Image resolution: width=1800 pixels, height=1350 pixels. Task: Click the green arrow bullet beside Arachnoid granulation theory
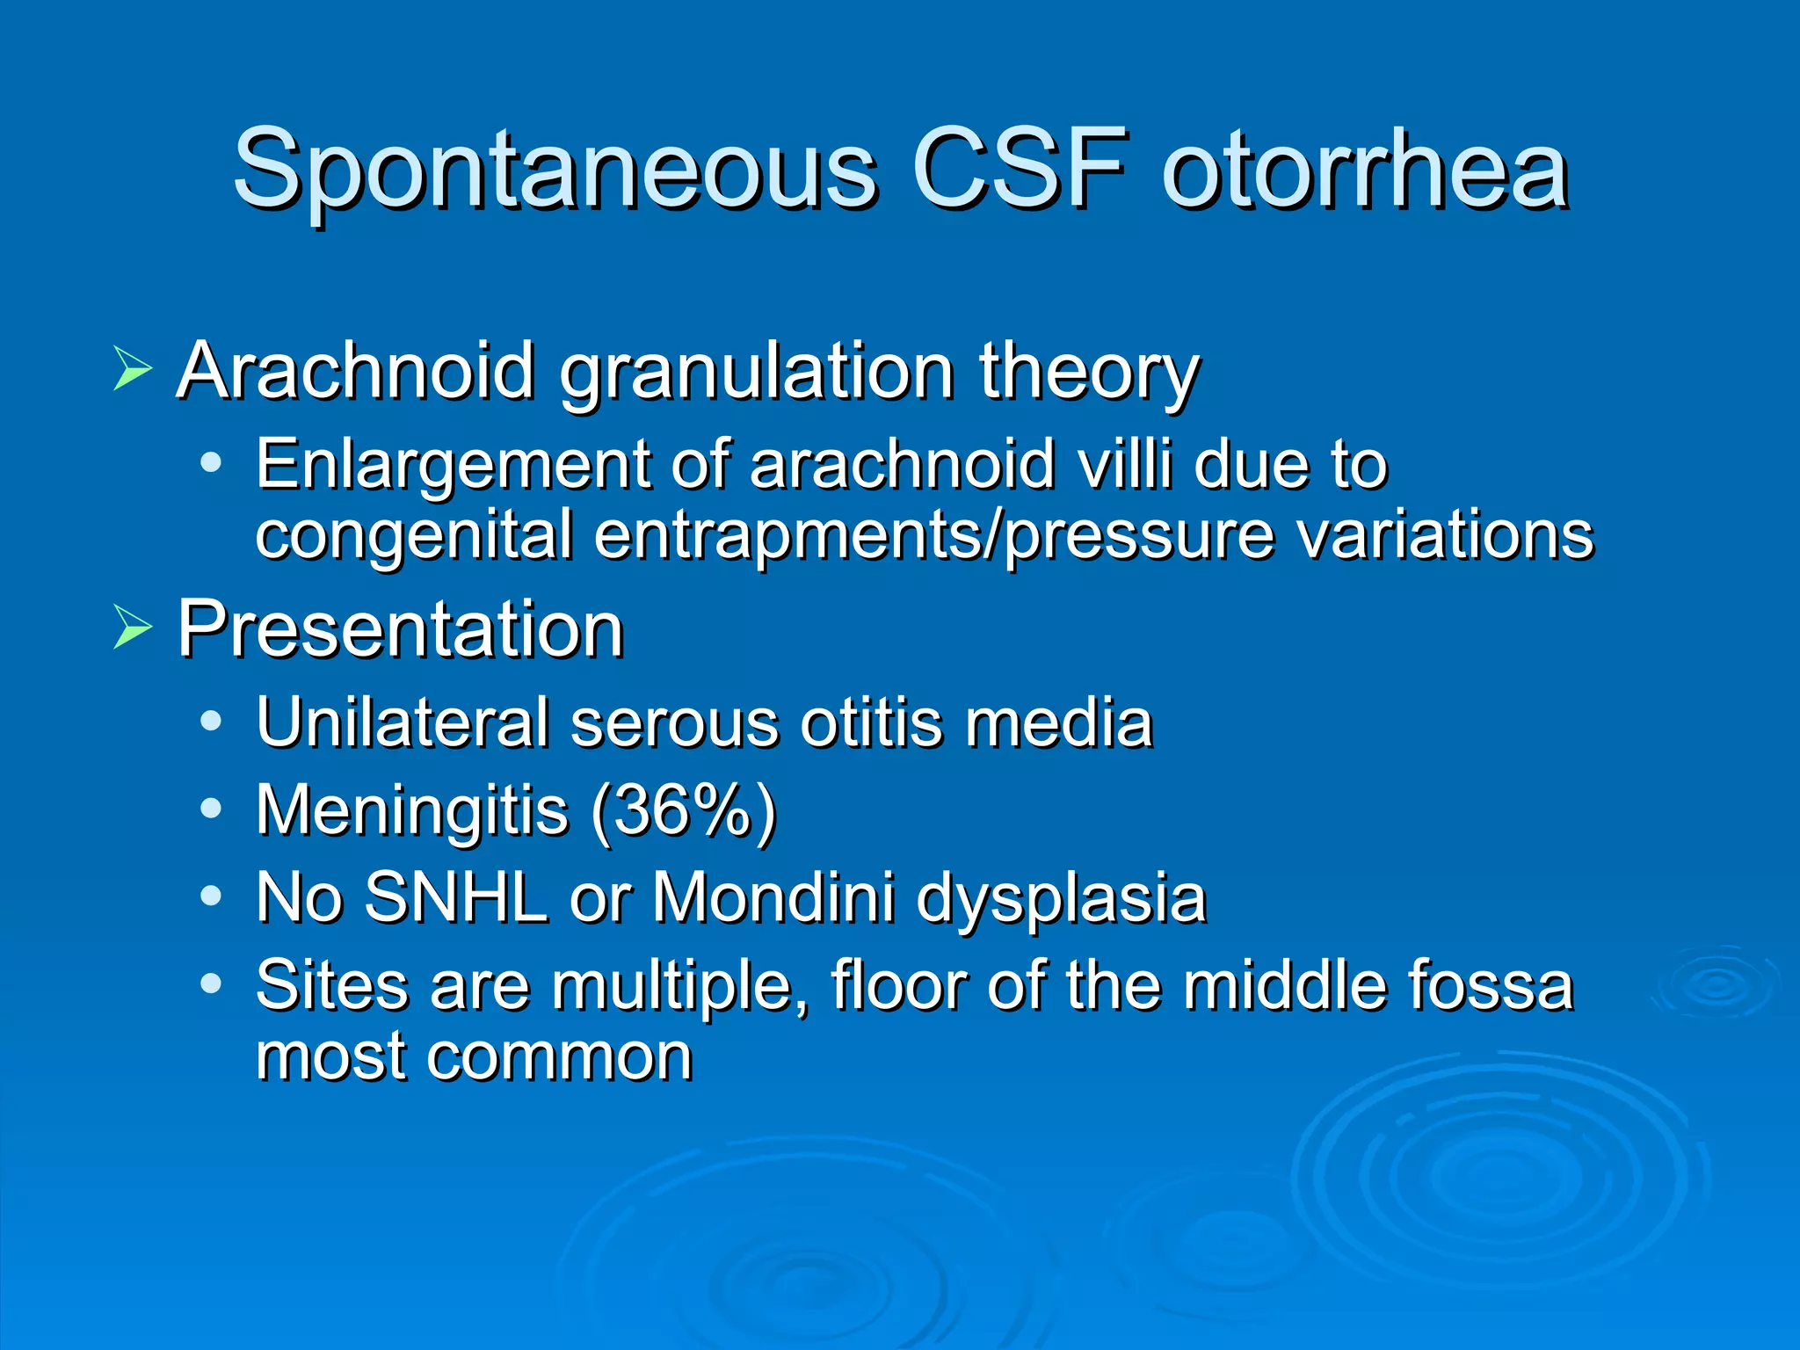[x=133, y=369]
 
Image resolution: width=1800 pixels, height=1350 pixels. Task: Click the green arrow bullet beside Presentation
[x=133, y=628]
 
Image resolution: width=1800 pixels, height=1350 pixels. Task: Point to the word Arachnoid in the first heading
[x=356, y=371]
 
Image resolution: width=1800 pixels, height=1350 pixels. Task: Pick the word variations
[x=1445, y=534]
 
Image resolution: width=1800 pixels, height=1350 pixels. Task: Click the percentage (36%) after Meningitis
[x=684, y=810]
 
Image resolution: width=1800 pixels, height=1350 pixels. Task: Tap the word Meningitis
[x=412, y=810]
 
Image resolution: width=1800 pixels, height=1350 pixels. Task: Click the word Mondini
[x=773, y=897]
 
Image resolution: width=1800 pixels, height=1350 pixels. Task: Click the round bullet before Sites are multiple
[x=211, y=983]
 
